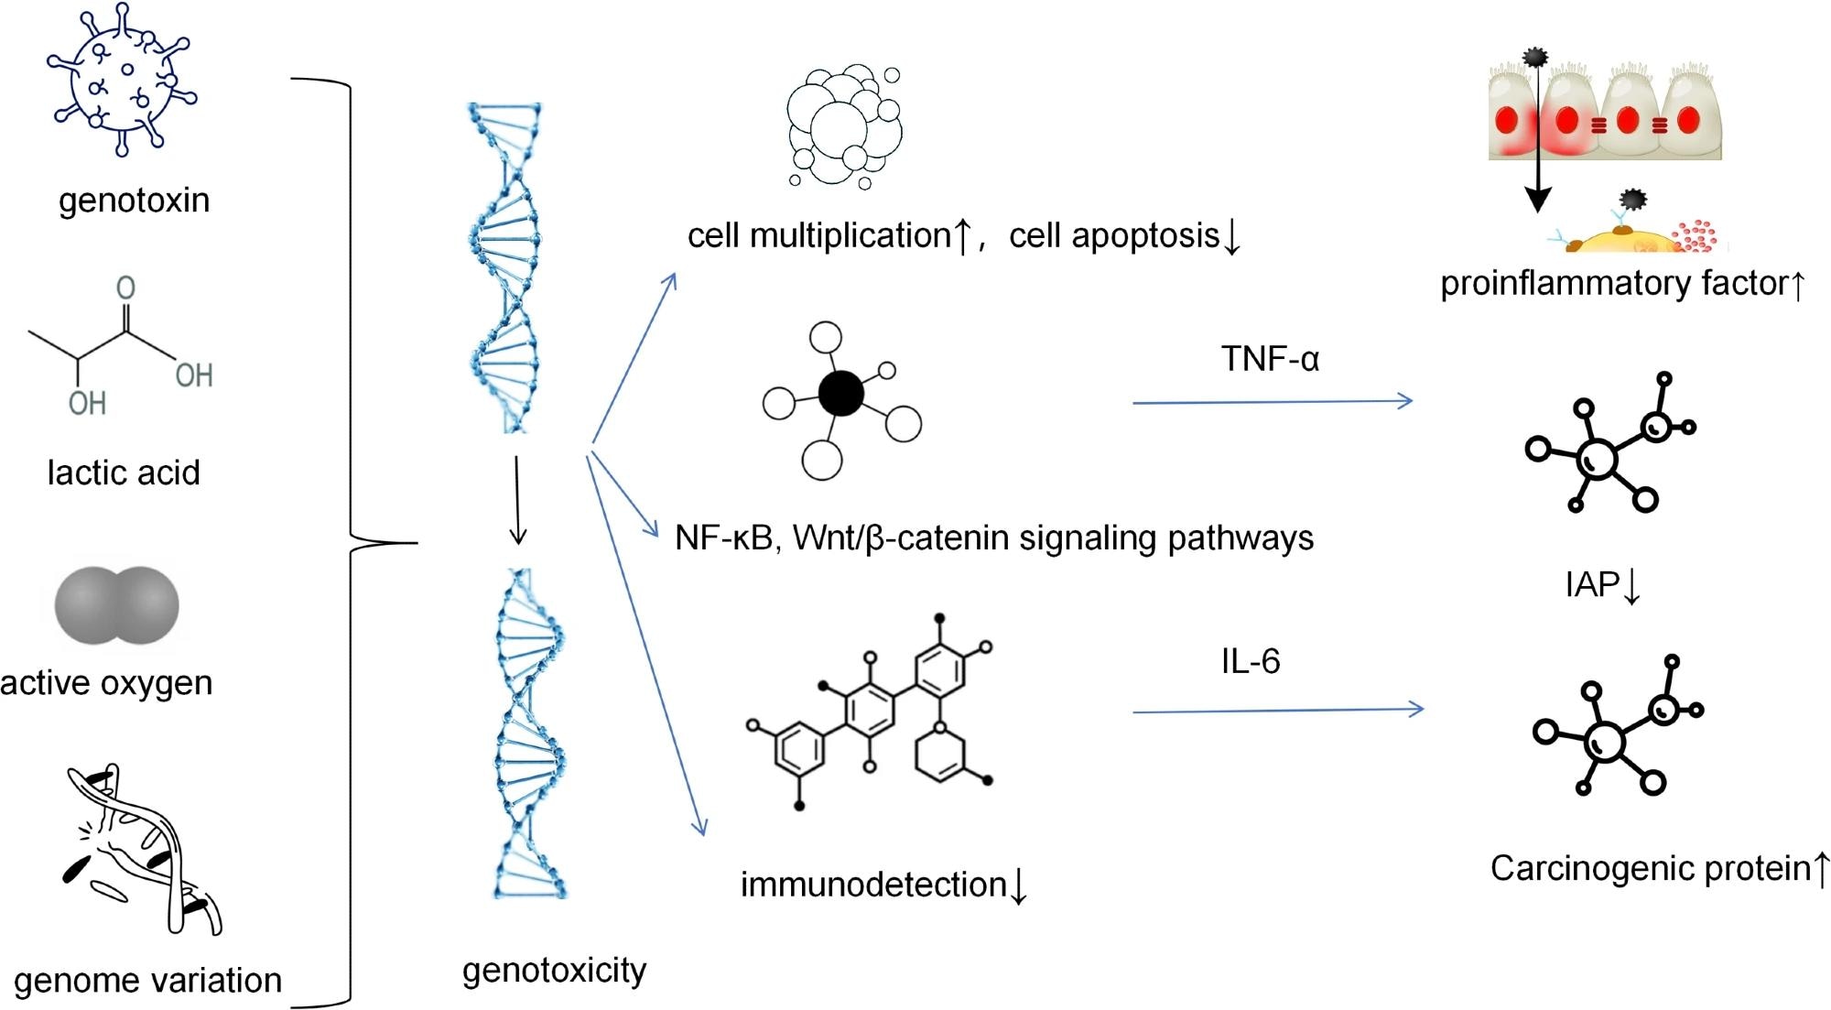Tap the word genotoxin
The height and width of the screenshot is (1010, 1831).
point(135,201)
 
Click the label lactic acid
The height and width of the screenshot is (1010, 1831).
point(124,472)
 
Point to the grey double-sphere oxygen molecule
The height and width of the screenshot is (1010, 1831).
point(117,605)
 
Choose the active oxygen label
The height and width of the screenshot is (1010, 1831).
point(107,683)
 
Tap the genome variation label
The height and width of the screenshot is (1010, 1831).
point(148,981)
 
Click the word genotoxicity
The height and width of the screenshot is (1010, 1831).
point(554,971)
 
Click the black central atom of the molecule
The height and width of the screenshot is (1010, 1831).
point(840,394)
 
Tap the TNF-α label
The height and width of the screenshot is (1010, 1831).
point(1270,359)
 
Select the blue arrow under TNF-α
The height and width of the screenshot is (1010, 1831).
point(1273,401)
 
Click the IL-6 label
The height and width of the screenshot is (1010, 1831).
point(1250,661)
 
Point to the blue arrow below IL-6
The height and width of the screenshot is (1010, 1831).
point(1278,711)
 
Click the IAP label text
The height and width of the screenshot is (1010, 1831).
point(1592,584)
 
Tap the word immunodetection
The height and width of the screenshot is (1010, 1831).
point(873,885)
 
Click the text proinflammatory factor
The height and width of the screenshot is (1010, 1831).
point(1612,284)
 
